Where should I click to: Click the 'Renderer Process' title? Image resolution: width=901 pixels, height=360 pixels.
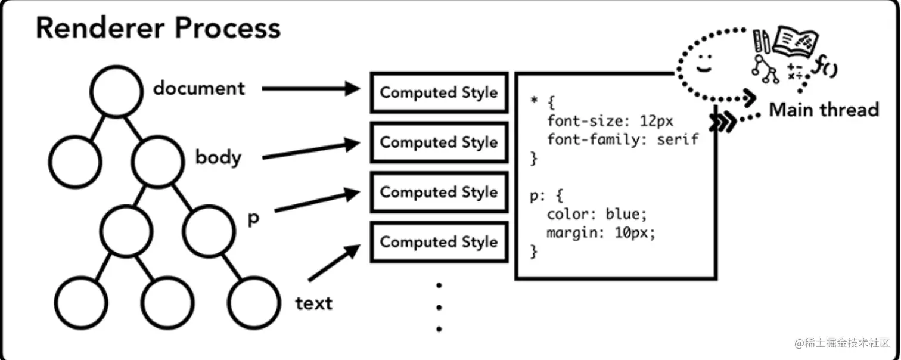pyautogui.click(x=158, y=28)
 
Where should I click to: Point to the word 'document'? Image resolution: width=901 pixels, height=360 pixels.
pyautogui.click(x=198, y=88)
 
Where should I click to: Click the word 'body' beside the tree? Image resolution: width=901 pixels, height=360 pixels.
pyautogui.click(x=219, y=157)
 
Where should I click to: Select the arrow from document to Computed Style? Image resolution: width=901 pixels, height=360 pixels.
pyautogui.click(x=311, y=88)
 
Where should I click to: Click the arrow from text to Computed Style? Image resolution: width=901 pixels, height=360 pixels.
pyautogui.click(x=334, y=262)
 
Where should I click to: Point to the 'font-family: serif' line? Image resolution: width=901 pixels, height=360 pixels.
pyautogui.click(x=623, y=139)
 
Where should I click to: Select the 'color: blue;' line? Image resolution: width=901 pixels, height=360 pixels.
pyautogui.click(x=597, y=214)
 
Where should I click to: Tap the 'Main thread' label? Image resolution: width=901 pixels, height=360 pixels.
pyautogui.click(x=824, y=110)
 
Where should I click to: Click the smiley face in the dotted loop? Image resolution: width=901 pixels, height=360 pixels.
pyautogui.click(x=704, y=64)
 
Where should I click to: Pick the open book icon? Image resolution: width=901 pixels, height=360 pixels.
pyautogui.click(x=796, y=41)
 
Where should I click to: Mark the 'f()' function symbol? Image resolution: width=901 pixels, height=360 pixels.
pyautogui.click(x=825, y=66)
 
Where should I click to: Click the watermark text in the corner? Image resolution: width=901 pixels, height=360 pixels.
pyautogui.click(x=842, y=343)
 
